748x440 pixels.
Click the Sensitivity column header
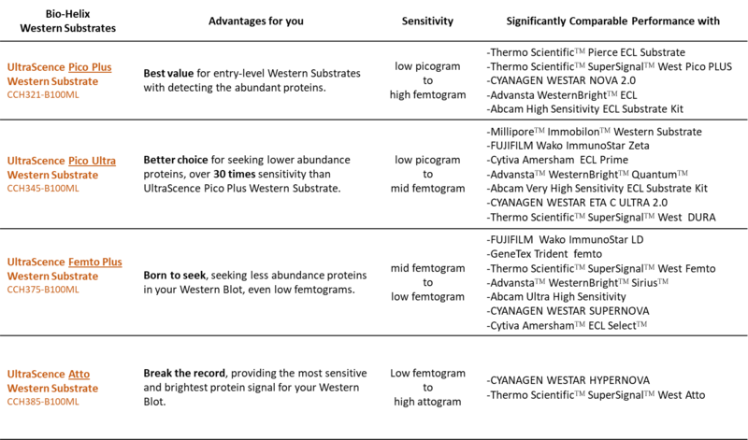[426, 21]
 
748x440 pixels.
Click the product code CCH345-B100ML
[44, 188]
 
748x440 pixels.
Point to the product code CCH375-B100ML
[44, 290]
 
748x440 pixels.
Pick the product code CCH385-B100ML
[44, 402]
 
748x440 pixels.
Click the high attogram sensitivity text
[426, 402]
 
